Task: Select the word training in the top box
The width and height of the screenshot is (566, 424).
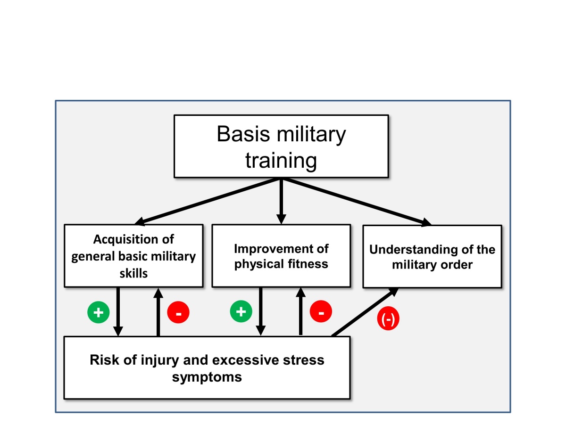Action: [281, 161]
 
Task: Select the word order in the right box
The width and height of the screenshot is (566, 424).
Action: [455, 264]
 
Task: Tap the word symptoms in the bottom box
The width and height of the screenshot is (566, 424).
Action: [207, 377]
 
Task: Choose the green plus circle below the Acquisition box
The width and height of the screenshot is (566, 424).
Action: [99, 312]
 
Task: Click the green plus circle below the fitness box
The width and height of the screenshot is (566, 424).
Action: [241, 312]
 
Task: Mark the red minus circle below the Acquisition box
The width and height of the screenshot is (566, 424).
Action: [178, 312]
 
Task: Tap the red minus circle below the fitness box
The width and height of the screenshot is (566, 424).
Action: [321, 312]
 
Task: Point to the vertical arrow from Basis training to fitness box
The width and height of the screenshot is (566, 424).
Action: [281, 200]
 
